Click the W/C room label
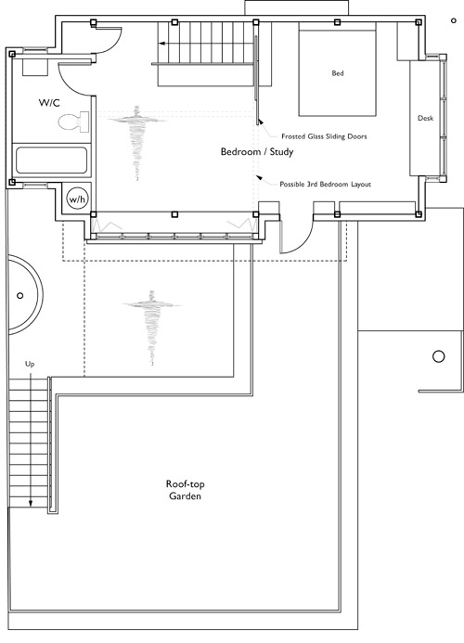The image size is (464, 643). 49,102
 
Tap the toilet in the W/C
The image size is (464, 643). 74,122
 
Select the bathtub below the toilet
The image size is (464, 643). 52,160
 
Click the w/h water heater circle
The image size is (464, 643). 77,199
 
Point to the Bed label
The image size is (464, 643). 338,73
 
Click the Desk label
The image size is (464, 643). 425,118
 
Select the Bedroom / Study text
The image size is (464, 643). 257,152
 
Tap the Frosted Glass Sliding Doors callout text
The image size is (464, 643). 324,136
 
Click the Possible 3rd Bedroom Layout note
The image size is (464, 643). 325,185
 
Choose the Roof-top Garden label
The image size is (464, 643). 185,490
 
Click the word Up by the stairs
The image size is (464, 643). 30,364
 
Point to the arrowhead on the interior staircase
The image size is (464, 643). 162,43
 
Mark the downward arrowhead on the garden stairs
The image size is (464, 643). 31,504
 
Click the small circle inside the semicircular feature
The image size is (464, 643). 19,295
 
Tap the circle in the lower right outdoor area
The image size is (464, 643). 439,356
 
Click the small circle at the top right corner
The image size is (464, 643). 454,20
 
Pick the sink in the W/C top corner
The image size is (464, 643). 35,67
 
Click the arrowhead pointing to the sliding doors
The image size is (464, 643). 260,122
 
